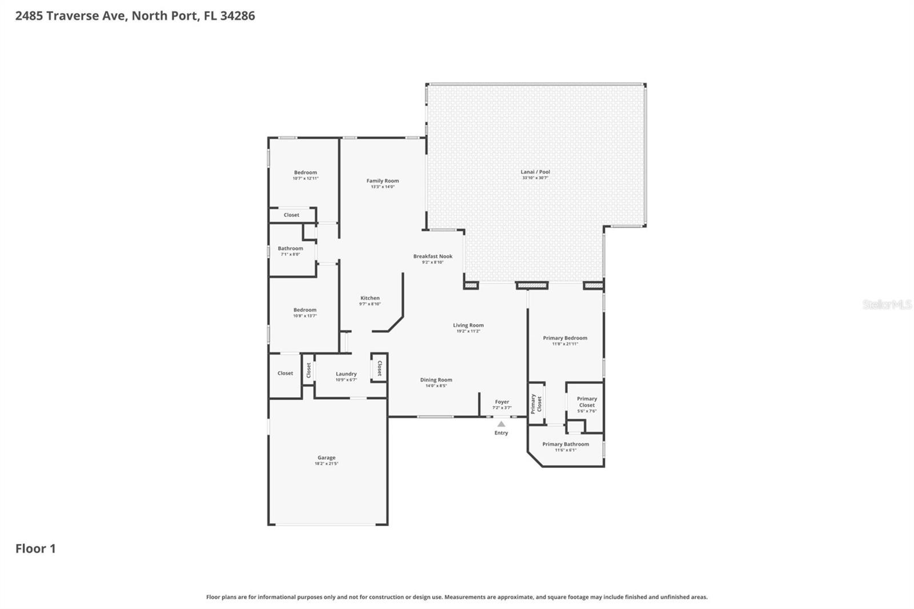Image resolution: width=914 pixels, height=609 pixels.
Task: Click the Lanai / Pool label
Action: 535,172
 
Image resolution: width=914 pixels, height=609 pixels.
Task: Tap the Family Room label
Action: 383,181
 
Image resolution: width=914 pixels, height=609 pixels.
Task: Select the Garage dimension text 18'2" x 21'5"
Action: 326,464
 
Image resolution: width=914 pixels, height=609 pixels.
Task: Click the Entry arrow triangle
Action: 501,424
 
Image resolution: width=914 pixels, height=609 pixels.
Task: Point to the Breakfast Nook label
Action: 433,257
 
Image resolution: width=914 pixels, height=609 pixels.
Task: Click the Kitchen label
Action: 370,298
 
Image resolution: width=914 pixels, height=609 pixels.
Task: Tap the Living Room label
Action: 468,326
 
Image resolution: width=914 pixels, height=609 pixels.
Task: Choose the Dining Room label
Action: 436,380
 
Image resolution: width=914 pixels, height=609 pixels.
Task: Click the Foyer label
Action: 502,402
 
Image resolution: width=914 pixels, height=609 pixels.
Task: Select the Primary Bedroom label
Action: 565,338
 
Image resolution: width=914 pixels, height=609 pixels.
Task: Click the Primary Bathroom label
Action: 566,444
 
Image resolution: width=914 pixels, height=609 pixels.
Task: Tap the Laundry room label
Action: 346,374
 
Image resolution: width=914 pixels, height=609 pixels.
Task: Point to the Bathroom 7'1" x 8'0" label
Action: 290,249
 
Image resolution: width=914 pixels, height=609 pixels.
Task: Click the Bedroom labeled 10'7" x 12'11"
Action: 306,173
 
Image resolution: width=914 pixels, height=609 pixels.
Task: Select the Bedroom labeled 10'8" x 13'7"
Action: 305,310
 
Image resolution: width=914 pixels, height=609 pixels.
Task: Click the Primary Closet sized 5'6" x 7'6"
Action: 587,402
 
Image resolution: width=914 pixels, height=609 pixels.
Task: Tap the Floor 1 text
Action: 35,548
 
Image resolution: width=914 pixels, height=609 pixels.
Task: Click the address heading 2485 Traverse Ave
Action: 135,15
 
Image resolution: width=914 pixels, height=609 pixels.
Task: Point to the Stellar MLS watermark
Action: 887,304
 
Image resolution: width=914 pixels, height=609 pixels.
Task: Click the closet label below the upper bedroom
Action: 291,215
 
